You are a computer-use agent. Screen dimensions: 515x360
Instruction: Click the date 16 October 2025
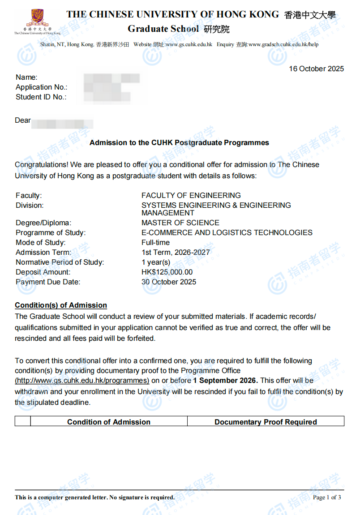[x=316, y=69]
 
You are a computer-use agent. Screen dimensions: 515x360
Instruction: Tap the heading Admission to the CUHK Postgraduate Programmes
[x=179, y=143]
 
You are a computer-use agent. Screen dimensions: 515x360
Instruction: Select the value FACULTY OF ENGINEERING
[x=191, y=195]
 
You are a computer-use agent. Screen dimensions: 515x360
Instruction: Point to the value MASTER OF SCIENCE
[x=180, y=223]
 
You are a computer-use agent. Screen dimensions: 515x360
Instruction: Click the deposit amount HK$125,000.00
[x=167, y=272]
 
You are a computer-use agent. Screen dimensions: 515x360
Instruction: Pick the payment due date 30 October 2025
[x=168, y=282]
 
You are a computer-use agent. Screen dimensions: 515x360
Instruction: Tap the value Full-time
[x=155, y=242]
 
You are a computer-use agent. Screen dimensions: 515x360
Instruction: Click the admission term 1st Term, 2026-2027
[x=176, y=252]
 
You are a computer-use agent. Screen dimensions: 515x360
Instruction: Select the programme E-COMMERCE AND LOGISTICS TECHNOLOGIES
[x=227, y=232]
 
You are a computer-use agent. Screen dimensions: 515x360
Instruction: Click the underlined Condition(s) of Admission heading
[x=61, y=305]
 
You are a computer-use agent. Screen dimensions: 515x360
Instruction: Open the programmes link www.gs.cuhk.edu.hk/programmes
[x=82, y=380]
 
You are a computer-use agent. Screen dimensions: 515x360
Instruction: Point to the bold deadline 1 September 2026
[x=225, y=380]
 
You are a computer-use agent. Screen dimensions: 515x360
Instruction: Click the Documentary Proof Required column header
[x=266, y=422]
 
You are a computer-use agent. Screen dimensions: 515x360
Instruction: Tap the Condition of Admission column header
[x=109, y=422]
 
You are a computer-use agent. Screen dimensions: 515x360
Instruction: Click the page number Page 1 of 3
[x=327, y=497]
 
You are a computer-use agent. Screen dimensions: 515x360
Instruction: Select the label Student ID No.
[x=41, y=97]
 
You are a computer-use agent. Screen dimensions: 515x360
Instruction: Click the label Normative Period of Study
[x=60, y=262]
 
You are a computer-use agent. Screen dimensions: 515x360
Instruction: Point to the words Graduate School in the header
[x=163, y=29]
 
